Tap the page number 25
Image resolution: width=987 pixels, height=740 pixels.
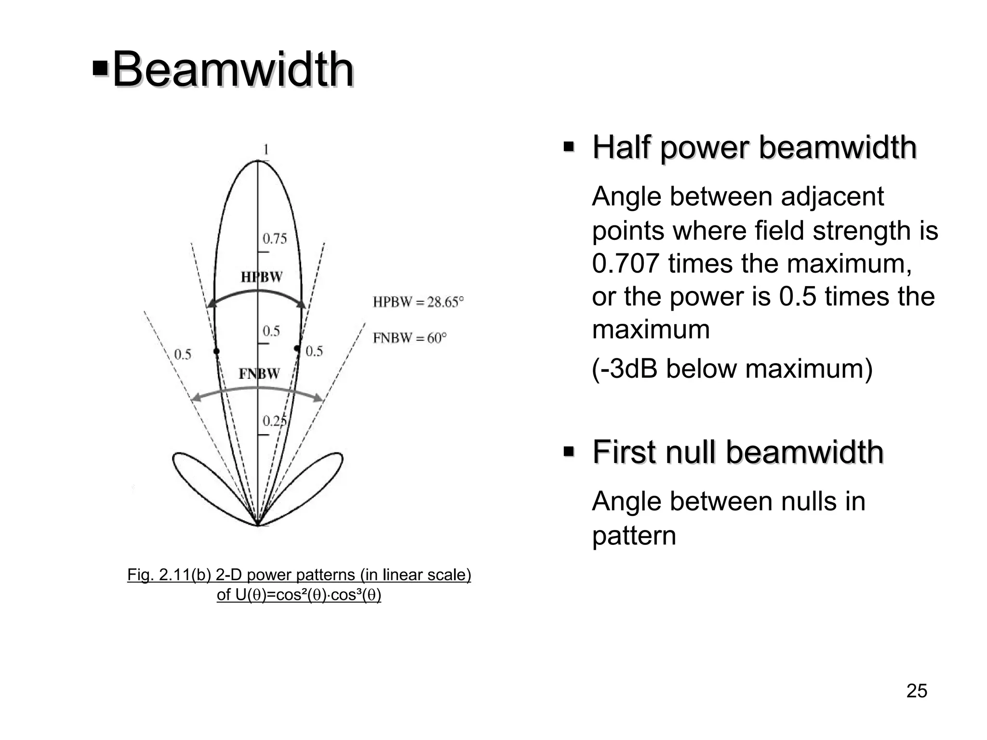click(917, 691)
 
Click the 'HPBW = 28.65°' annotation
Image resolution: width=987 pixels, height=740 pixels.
click(418, 303)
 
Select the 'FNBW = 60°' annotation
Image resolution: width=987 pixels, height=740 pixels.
click(409, 338)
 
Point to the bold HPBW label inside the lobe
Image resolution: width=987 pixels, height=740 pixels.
click(262, 277)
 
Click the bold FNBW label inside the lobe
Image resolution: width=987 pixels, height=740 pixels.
click(259, 374)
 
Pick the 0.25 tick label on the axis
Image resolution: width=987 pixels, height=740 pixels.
click(274, 421)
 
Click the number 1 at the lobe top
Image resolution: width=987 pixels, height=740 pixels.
click(265, 150)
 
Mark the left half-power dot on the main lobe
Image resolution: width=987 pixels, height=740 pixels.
click(216, 351)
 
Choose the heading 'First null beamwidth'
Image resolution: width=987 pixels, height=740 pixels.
click(738, 452)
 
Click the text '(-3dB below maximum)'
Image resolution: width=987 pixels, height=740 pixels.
click(732, 369)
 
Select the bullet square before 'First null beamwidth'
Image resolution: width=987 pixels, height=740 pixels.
click(569, 452)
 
